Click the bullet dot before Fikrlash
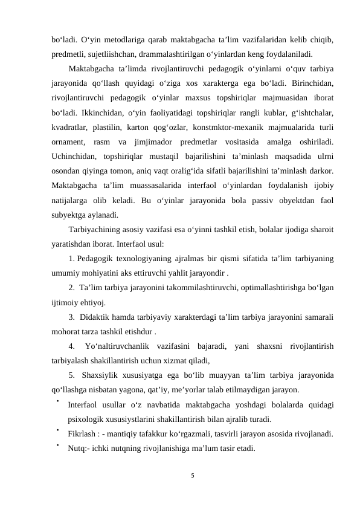[x=56, y=430]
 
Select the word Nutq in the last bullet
[x=77, y=449]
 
